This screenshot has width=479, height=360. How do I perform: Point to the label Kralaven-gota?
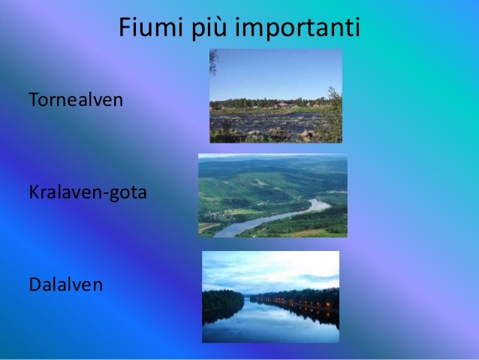(x=87, y=193)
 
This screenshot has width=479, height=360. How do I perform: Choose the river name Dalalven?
(x=65, y=285)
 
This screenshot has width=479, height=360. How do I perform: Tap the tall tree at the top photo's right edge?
(x=333, y=113)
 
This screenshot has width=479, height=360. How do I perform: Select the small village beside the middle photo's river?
(x=218, y=213)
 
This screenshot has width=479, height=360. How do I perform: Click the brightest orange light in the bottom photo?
(x=328, y=305)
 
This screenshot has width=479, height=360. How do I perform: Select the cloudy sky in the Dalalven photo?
(x=270, y=267)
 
